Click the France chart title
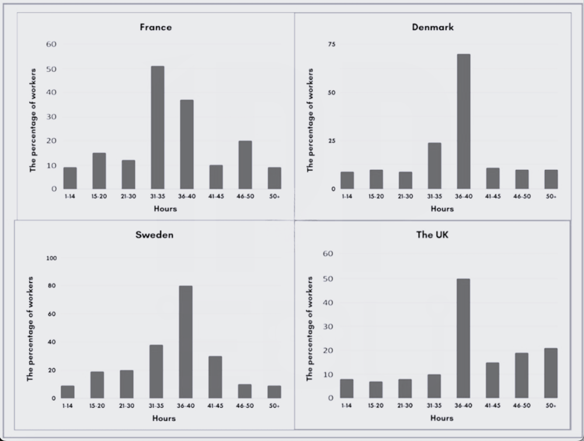pos(155,27)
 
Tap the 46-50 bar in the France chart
pos(245,164)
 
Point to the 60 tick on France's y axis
pos(51,44)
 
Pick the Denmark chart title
pos(433,27)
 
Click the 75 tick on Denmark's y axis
pos(331,44)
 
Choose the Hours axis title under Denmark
pos(442,208)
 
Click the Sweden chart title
pos(154,235)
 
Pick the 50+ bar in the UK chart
pos(550,373)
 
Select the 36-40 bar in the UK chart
pos(463,338)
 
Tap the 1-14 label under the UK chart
pos(347,406)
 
